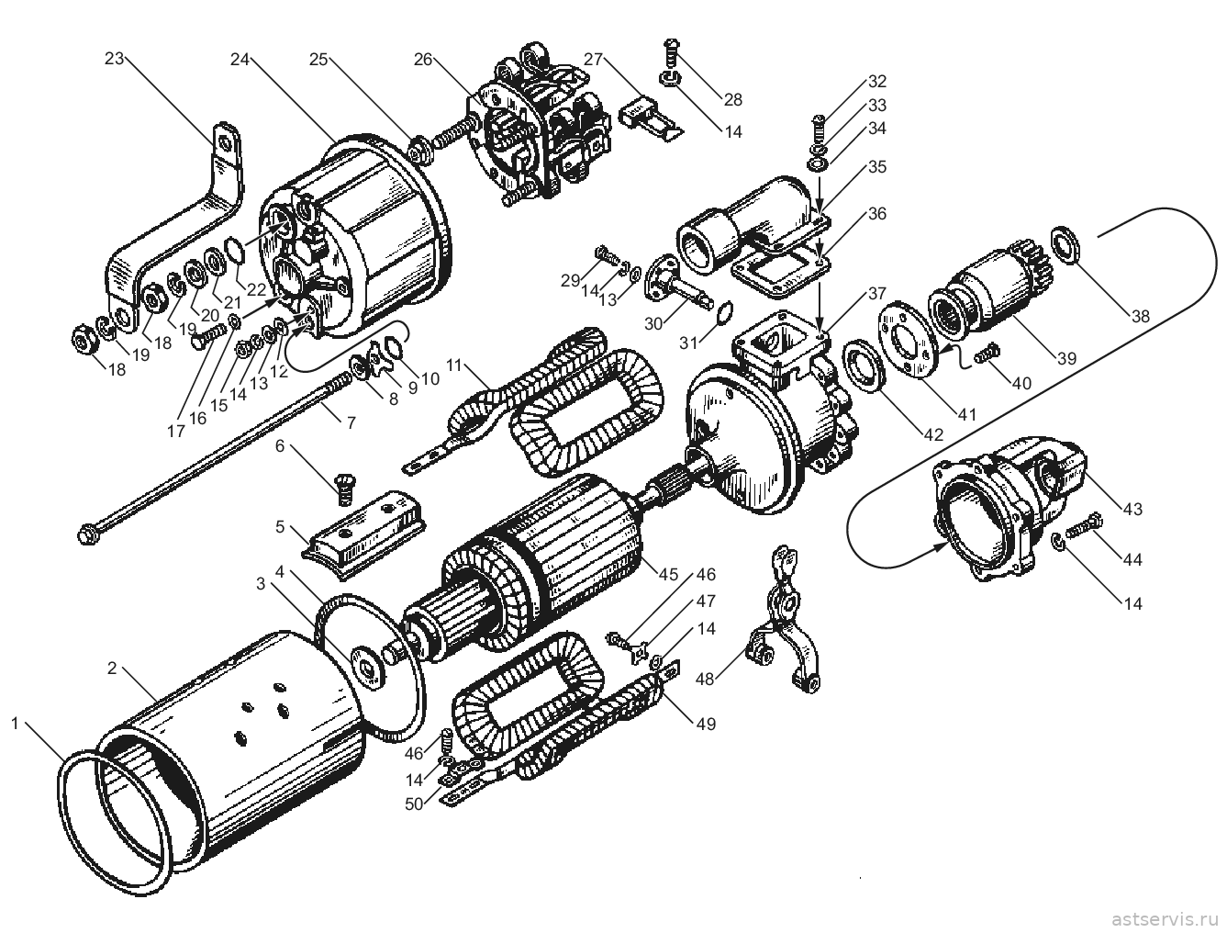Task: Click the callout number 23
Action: [114, 58]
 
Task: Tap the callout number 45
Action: [668, 574]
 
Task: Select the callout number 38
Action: [1141, 317]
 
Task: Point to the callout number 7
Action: [351, 422]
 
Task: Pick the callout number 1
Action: [15, 724]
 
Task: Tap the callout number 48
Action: [706, 679]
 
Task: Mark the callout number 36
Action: [876, 214]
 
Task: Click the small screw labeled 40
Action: [987, 354]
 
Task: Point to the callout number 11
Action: [453, 365]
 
